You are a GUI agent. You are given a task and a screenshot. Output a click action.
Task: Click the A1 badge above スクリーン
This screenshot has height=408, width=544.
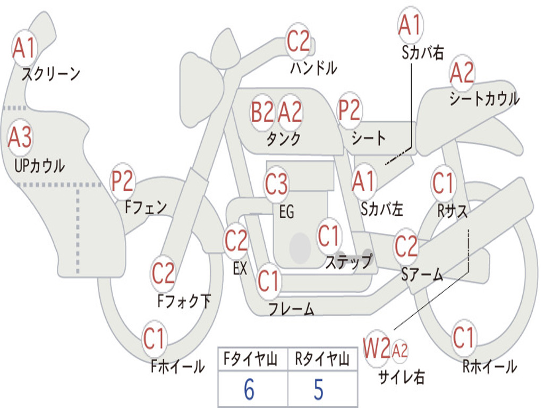pyautogui.click(x=24, y=48)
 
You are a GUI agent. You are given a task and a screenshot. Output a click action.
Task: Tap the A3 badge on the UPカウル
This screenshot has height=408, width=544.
pyautogui.click(x=20, y=138)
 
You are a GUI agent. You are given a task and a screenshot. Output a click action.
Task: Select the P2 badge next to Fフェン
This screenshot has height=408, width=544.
pyautogui.click(x=122, y=181)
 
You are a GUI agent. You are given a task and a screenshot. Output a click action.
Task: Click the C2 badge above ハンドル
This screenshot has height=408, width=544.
pyautogui.click(x=298, y=41)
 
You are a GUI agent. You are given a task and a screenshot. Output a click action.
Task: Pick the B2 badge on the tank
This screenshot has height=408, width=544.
pyautogui.click(x=262, y=112)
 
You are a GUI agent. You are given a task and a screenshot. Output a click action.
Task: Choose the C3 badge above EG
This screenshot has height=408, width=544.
pyautogui.click(x=276, y=183)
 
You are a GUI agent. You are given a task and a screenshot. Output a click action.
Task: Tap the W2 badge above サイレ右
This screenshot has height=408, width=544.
pyautogui.click(x=377, y=348)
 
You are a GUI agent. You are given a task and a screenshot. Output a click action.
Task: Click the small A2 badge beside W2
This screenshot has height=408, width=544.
pyautogui.click(x=399, y=351)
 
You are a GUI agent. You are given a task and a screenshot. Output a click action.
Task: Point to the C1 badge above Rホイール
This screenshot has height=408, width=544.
pyautogui.click(x=463, y=337)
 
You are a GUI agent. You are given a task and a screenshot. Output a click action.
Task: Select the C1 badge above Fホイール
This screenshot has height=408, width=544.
pyautogui.click(x=154, y=338)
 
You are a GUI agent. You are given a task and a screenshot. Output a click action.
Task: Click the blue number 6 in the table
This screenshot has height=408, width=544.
pyautogui.click(x=249, y=389)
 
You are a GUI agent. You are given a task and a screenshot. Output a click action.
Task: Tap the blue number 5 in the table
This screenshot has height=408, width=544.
pyautogui.click(x=319, y=389)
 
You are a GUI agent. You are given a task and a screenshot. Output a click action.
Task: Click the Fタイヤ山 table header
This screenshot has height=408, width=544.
pyautogui.click(x=251, y=359)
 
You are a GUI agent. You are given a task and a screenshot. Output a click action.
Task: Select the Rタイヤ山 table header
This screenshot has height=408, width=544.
pyautogui.click(x=322, y=359)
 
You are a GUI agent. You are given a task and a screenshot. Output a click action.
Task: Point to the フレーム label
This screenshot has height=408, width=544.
pyautogui.click(x=292, y=309)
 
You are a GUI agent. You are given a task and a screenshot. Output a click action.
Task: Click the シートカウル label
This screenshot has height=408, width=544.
pyautogui.click(x=484, y=98)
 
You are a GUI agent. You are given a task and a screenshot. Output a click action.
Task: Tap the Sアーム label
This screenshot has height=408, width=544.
pyautogui.click(x=422, y=275)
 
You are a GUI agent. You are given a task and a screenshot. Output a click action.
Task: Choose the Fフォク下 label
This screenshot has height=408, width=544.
pyautogui.click(x=184, y=301)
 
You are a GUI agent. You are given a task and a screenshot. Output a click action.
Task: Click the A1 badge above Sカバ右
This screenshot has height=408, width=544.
pyautogui.click(x=411, y=24)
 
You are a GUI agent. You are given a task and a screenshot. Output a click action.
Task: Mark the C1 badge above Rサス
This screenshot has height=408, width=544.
pyautogui.click(x=443, y=183)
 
